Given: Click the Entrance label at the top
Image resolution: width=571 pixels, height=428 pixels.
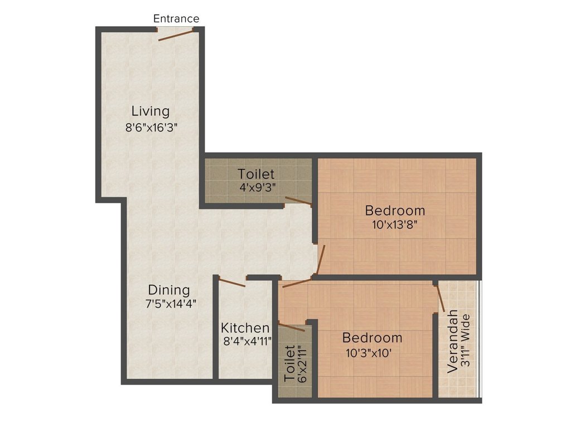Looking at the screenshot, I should click(176, 18).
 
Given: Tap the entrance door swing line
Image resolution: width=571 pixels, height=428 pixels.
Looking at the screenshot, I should click(176, 35).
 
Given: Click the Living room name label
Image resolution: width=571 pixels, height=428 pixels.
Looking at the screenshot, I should click(151, 110).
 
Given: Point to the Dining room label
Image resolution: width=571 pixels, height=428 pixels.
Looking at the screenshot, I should click(169, 290).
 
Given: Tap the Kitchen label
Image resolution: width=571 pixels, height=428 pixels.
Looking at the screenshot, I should click(245, 328).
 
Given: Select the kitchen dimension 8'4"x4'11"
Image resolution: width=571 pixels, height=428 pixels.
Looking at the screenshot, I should click(246, 341).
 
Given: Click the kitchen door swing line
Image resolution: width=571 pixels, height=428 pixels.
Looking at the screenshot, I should click(231, 283).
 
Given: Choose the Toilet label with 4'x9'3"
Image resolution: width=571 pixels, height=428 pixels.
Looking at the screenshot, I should click(256, 174).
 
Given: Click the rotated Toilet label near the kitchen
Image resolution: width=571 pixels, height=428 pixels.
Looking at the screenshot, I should click(289, 363).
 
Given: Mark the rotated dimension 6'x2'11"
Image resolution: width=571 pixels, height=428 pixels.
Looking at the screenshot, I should click(303, 363).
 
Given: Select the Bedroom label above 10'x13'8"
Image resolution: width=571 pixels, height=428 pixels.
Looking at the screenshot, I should click(395, 211).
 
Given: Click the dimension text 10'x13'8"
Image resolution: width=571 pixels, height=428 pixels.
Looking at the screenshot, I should click(395, 225).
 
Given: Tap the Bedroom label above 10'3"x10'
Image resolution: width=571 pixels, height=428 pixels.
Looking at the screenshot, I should click(372, 338).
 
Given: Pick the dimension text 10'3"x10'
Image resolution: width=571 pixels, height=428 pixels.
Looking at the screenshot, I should click(372, 352).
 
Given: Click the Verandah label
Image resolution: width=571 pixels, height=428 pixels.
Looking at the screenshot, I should click(453, 341).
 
